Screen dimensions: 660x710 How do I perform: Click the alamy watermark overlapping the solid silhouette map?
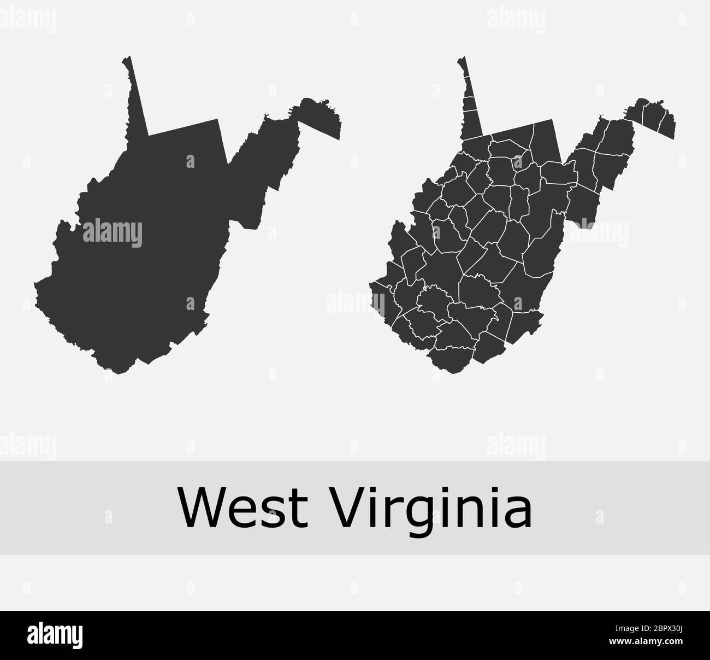(112, 232)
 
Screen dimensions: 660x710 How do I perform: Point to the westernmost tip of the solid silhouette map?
(35, 284)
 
